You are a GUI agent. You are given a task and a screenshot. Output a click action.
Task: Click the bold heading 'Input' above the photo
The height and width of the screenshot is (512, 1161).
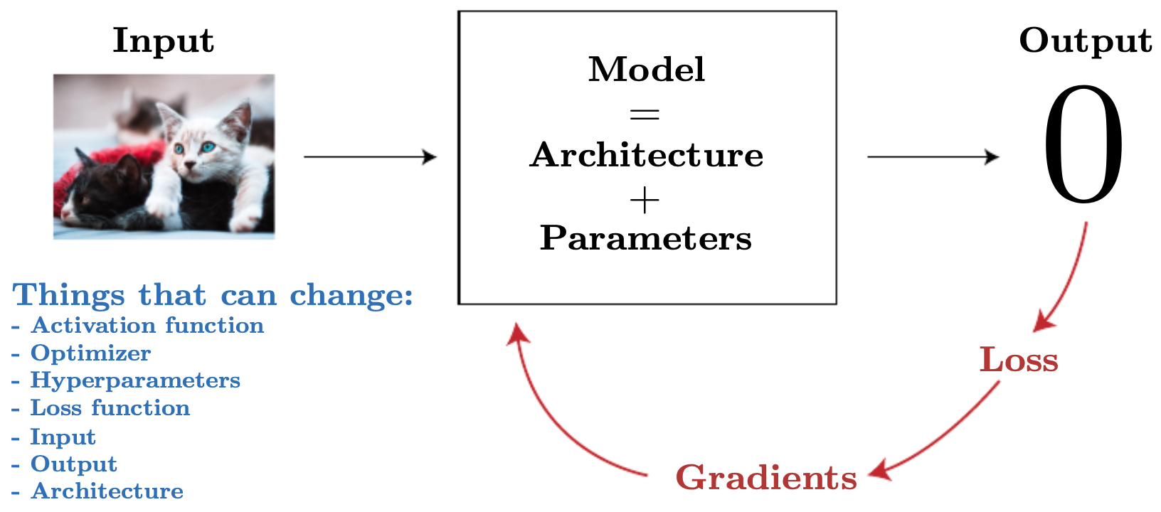pos(164,41)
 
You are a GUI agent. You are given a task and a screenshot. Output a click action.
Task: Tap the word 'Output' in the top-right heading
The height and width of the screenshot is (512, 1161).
pos(1086,41)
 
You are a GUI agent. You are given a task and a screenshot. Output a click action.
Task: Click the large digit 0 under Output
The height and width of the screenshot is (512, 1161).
pos(1083,144)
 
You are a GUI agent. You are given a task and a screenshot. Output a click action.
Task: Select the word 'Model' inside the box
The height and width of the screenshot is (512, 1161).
pos(647,70)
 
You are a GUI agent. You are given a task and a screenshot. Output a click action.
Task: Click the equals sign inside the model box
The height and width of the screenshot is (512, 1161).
pos(645,114)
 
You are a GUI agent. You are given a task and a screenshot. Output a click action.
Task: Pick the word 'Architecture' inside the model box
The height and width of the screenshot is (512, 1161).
pos(647,154)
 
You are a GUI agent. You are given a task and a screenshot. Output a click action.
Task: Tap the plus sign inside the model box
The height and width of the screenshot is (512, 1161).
pos(645,200)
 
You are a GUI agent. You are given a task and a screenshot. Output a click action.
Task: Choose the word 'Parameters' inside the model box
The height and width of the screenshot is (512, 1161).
pos(646,238)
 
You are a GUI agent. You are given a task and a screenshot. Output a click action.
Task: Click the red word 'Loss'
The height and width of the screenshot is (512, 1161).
pos(1019,360)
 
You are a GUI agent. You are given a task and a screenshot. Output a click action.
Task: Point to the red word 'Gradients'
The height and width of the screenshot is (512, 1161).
pos(767,477)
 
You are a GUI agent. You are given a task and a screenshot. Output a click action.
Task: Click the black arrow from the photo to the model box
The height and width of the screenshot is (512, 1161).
pos(371,156)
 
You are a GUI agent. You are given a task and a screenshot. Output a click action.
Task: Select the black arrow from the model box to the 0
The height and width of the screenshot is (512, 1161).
pos(933,156)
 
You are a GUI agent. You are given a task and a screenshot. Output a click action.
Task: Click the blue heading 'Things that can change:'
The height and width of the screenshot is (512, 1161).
pos(213,295)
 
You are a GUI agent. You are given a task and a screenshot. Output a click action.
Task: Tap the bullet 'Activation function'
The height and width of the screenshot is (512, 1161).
pos(137,326)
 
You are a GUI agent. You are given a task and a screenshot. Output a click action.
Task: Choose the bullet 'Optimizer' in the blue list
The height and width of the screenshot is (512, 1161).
pos(81,353)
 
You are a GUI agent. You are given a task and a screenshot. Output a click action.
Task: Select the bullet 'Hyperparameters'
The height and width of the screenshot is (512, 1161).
pos(125,381)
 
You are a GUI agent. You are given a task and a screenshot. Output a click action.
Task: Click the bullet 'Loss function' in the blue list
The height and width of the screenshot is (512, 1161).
pos(100,408)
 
